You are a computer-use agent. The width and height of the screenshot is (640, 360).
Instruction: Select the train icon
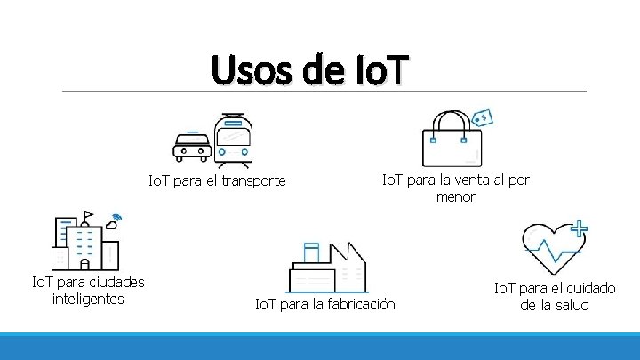click(234, 140)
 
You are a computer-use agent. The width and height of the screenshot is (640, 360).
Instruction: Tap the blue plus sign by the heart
click(579, 228)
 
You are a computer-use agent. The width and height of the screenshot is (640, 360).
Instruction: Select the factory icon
click(328, 267)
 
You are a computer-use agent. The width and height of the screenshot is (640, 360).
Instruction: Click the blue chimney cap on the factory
click(310, 245)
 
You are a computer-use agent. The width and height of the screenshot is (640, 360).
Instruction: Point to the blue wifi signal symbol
click(116, 219)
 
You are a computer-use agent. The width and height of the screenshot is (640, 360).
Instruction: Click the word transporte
click(256, 181)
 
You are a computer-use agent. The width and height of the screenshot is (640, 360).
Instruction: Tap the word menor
click(455, 196)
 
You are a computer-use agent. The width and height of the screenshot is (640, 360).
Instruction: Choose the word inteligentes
click(88, 299)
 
